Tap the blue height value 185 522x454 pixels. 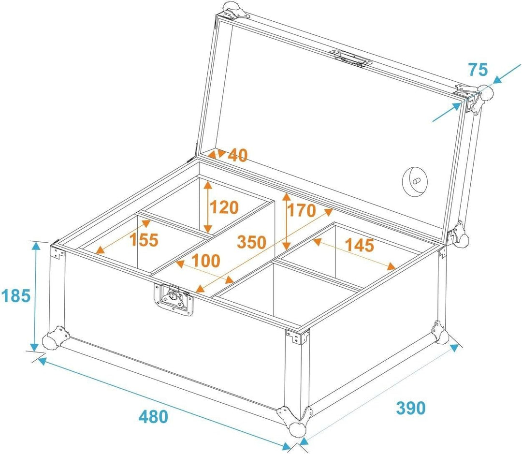tap(16, 295)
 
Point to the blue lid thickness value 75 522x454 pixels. tap(478, 70)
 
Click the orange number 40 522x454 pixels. tap(238, 155)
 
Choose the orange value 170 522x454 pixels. tap(302, 210)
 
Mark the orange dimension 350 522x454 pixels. tap(252, 242)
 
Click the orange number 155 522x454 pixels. tap(144, 239)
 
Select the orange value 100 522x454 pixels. tap(206, 261)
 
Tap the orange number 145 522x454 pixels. tap(360, 245)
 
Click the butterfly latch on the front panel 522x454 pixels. tap(174, 299)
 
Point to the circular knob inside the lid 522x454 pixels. tap(415, 180)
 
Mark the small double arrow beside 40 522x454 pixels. tap(217, 154)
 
